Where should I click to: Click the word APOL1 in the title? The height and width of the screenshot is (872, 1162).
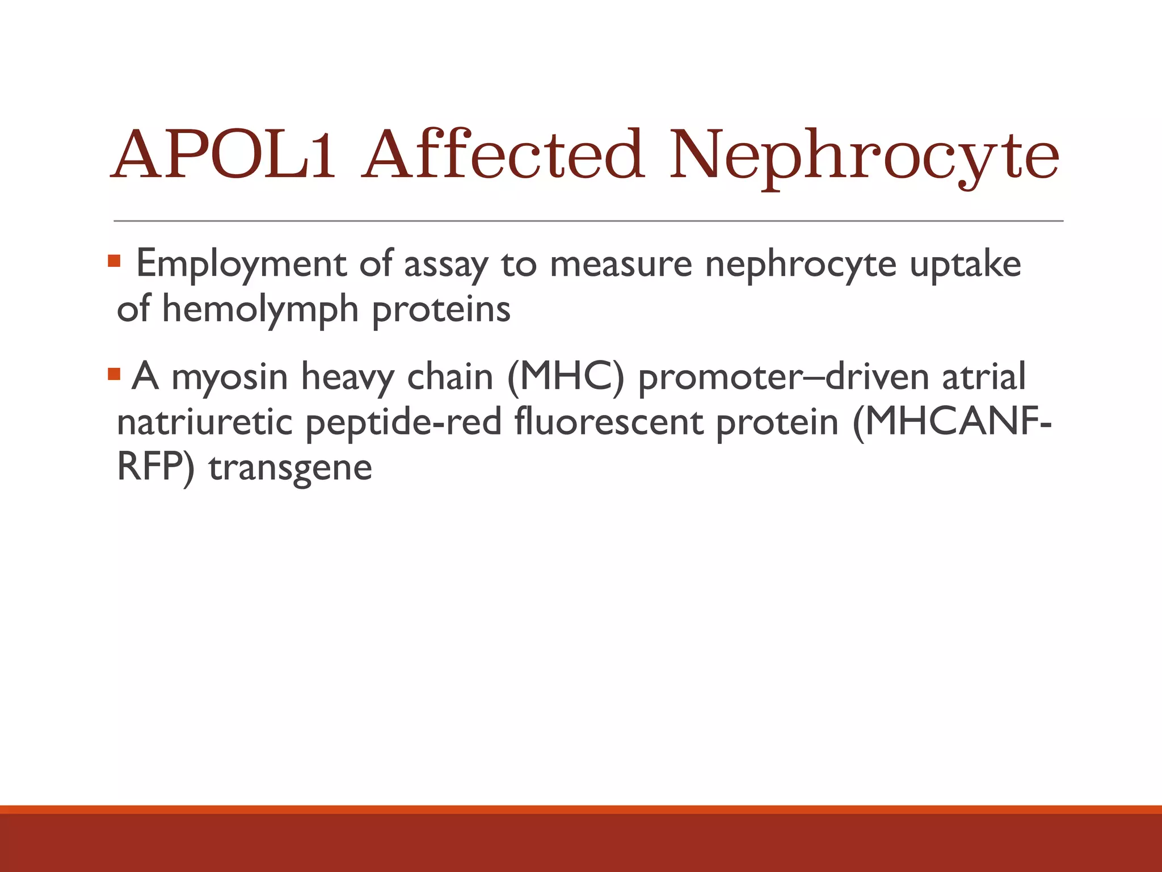224,154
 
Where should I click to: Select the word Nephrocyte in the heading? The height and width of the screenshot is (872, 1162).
864,156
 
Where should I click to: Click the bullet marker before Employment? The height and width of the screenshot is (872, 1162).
114,262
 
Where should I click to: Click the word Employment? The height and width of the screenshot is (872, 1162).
241,265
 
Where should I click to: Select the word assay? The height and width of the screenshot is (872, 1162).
445,265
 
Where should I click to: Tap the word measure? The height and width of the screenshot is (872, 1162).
621,265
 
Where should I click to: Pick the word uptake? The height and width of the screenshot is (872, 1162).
965,265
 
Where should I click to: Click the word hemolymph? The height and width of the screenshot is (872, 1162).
260,310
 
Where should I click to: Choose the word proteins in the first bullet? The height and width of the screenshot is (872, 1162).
441,310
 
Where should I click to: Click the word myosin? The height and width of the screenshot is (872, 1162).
229,378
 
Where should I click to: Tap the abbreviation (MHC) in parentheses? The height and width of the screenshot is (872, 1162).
565,378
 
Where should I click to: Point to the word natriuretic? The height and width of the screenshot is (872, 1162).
204,422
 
